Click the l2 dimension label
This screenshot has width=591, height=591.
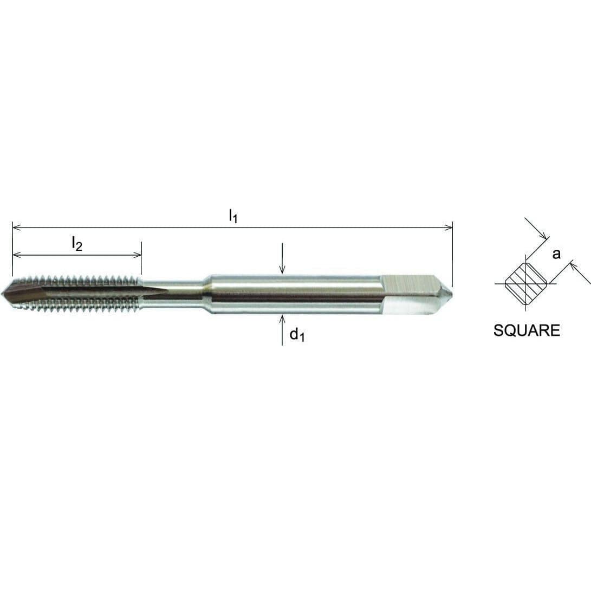77,244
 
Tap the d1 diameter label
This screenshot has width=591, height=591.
297,335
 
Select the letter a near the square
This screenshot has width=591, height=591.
556,254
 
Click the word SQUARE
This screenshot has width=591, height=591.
527,330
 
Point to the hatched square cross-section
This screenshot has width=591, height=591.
525,283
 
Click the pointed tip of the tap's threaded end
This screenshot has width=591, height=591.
4,293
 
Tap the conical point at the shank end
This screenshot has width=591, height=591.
447,293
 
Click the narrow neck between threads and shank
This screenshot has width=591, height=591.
173,293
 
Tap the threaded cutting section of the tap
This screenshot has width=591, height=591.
81,293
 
